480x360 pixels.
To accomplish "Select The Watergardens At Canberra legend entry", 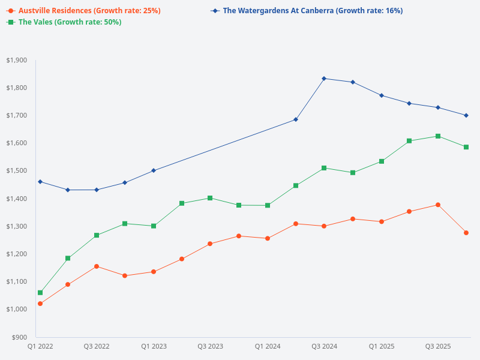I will tap(312, 11).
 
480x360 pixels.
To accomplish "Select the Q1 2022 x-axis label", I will tap(40, 347).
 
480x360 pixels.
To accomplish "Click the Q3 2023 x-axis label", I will tap(210, 347).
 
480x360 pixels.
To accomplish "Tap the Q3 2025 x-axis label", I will tap(438, 347).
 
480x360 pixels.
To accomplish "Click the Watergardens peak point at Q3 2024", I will tap(324, 79).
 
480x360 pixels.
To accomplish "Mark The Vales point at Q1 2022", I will tap(40, 293).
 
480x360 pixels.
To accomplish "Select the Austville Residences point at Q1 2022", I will tap(40, 304).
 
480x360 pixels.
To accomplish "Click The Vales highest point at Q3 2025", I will tap(438, 136).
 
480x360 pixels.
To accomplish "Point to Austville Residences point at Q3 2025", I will tap(438, 205).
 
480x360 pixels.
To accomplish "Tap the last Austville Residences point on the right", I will tap(466, 233).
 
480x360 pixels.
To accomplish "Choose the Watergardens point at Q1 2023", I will tap(154, 170).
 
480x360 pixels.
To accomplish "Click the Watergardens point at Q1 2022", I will tap(40, 182).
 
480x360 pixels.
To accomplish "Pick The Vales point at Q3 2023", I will tap(210, 198).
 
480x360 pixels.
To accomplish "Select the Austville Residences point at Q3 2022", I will tap(97, 266).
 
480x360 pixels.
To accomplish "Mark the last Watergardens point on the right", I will tap(466, 115).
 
